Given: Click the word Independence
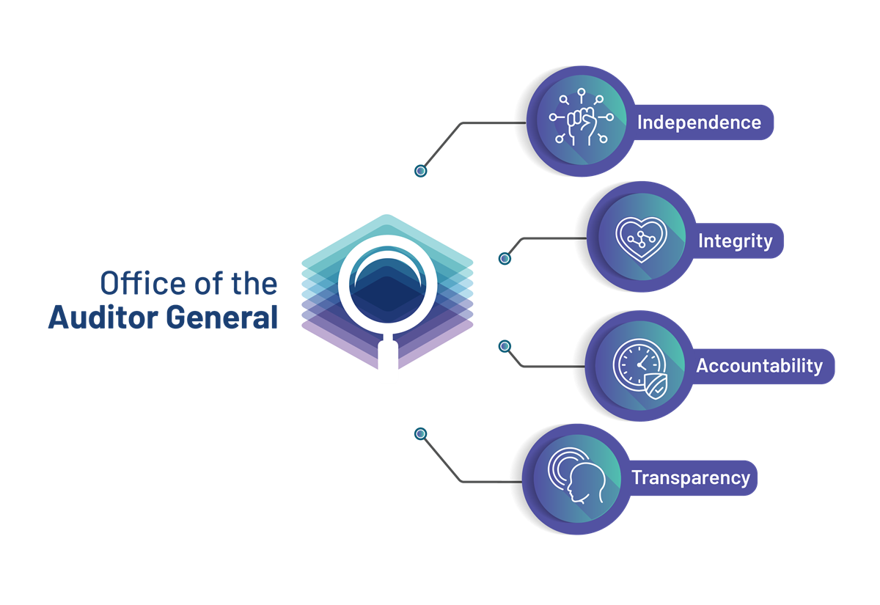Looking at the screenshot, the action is pyautogui.click(x=699, y=122).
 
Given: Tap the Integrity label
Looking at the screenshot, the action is pyautogui.click(x=735, y=241).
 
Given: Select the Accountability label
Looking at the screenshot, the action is pyautogui.click(x=759, y=366).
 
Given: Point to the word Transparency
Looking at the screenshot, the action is pyautogui.click(x=691, y=478).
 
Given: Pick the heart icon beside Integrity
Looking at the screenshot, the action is pyautogui.click(x=641, y=239).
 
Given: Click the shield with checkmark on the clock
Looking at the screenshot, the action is pyautogui.click(x=656, y=386).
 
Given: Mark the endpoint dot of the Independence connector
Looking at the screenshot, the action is pyautogui.click(x=420, y=171).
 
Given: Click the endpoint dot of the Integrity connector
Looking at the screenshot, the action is pyautogui.click(x=505, y=258).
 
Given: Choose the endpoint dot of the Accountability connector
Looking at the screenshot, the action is pyautogui.click(x=505, y=346).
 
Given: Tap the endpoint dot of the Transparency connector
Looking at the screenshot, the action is pyautogui.click(x=420, y=433).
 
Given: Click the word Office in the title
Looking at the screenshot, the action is pyautogui.click(x=143, y=283).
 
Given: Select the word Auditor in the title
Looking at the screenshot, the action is pyautogui.click(x=103, y=317).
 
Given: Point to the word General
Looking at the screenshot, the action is pyautogui.click(x=221, y=317).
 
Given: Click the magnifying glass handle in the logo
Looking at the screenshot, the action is pyautogui.click(x=388, y=353).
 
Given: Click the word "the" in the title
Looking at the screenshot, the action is pyautogui.click(x=254, y=283).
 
